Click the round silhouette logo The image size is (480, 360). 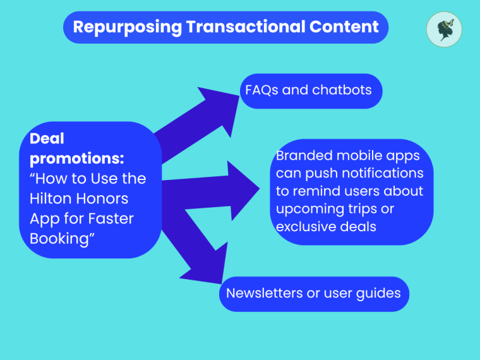coord(444,30)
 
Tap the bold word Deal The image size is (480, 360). coord(47,138)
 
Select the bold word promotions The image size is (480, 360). coord(76,159)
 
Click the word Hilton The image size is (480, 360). coord(49,198)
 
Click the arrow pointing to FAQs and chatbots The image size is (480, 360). coord(196,120)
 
